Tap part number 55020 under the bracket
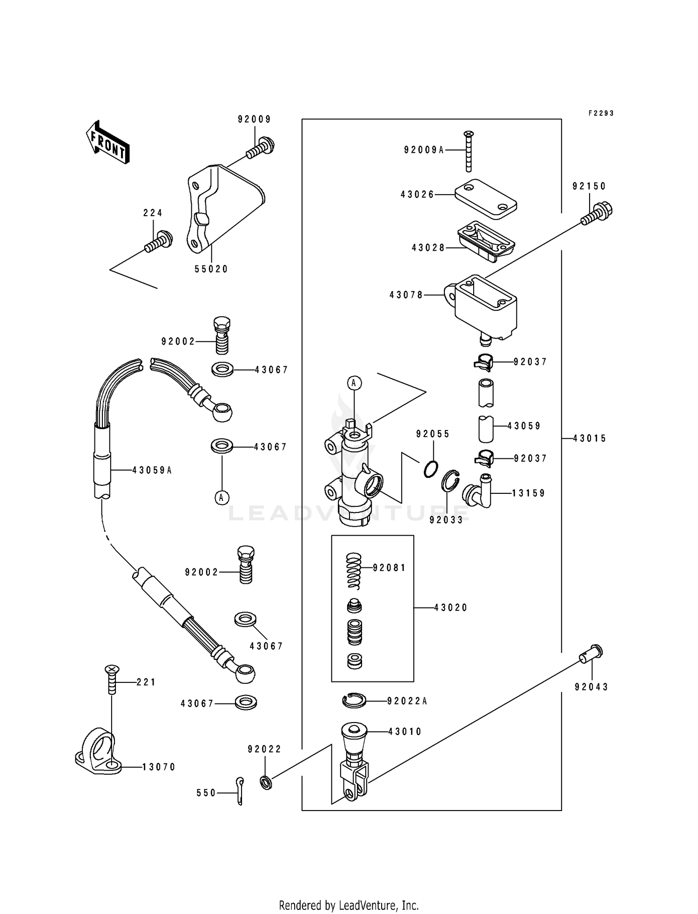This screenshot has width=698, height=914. [211, 269]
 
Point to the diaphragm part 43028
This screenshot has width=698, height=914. [485, 241]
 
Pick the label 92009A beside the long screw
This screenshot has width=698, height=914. [424, 150]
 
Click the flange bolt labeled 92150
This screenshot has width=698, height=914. [597, 214]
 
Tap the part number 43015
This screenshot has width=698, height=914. [590, 438]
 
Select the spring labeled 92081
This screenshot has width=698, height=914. [354, 570]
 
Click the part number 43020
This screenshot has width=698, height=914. [450, 607]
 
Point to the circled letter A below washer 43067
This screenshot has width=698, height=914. [222, 498]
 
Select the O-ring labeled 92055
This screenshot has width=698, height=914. [431, 469]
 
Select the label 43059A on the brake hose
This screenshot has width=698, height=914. [152, 471]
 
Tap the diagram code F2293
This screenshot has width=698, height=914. [601, 113]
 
